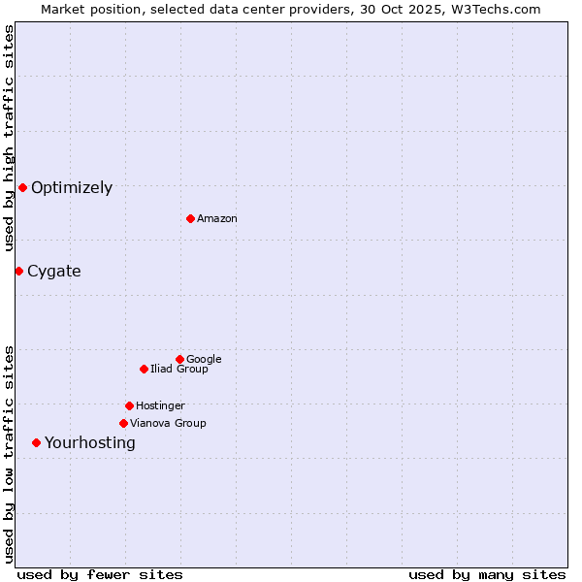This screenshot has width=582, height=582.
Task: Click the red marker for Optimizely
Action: click(22, 187)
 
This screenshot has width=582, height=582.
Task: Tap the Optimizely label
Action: click(72, 188)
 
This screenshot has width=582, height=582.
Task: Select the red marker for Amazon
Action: click(190, 218)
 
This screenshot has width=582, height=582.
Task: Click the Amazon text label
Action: click(217, 219)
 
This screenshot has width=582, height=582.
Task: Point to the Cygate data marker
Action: click(18, 271)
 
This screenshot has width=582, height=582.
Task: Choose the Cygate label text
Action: click(54, 272)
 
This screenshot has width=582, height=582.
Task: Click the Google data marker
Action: click(179, 359)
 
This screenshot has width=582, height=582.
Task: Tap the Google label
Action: click(204, 360)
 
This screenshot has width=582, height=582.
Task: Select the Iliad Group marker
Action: click(144, 369)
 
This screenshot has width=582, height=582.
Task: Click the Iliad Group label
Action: click(179, 370)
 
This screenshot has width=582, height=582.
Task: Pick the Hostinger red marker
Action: click(129, 405)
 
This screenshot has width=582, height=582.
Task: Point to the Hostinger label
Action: click(160, 406)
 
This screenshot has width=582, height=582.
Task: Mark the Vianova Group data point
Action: click(123, 423)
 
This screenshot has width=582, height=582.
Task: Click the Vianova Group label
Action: click(168, 424)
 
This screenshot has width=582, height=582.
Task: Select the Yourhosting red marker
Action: click(36, 442)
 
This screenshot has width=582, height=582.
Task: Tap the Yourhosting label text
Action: click(90, 443)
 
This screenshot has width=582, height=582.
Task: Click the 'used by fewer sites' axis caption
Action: click(100, 574)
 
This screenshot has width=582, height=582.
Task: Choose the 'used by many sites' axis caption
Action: click(487, 574)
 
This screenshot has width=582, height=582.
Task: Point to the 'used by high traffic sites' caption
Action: click(10, 138)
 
